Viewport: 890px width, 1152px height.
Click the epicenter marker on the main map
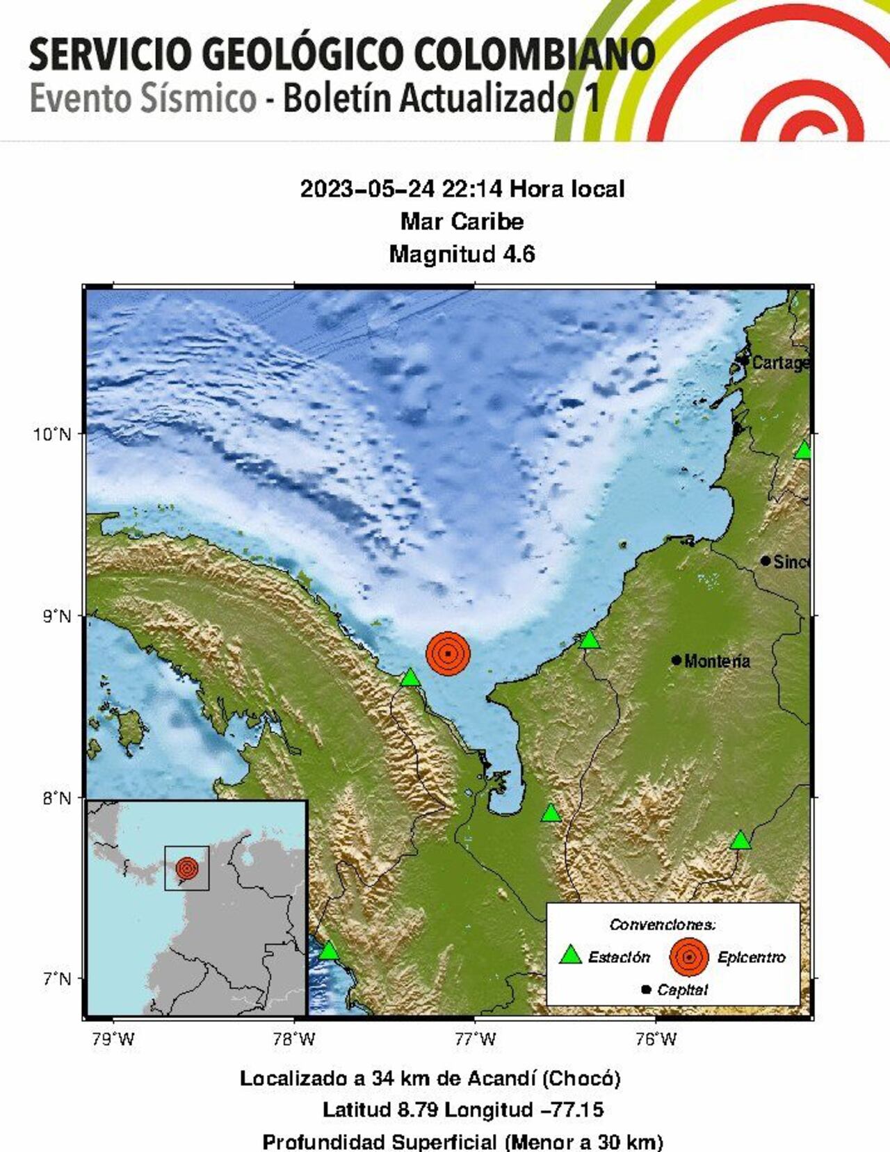448,653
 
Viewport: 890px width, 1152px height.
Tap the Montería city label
717,661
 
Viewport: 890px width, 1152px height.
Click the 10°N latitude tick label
53,435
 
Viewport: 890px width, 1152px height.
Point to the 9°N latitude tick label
53,617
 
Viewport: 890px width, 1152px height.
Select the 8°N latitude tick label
53,798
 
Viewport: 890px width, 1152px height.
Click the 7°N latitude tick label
53,980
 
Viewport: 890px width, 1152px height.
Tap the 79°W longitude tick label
113,1039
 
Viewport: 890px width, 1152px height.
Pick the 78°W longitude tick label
294,1039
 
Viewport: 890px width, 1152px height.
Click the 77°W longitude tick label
476,1039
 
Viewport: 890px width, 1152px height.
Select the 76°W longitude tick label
656,1039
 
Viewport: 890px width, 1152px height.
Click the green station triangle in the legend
571,955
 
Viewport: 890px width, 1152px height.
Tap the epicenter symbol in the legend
689,957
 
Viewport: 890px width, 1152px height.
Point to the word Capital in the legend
682,990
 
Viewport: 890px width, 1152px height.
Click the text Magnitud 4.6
462,254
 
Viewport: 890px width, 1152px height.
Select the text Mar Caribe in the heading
462,222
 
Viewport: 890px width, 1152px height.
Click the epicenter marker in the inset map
186,868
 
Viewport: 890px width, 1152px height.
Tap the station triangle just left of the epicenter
410,677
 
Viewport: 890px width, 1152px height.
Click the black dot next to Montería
677,660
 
